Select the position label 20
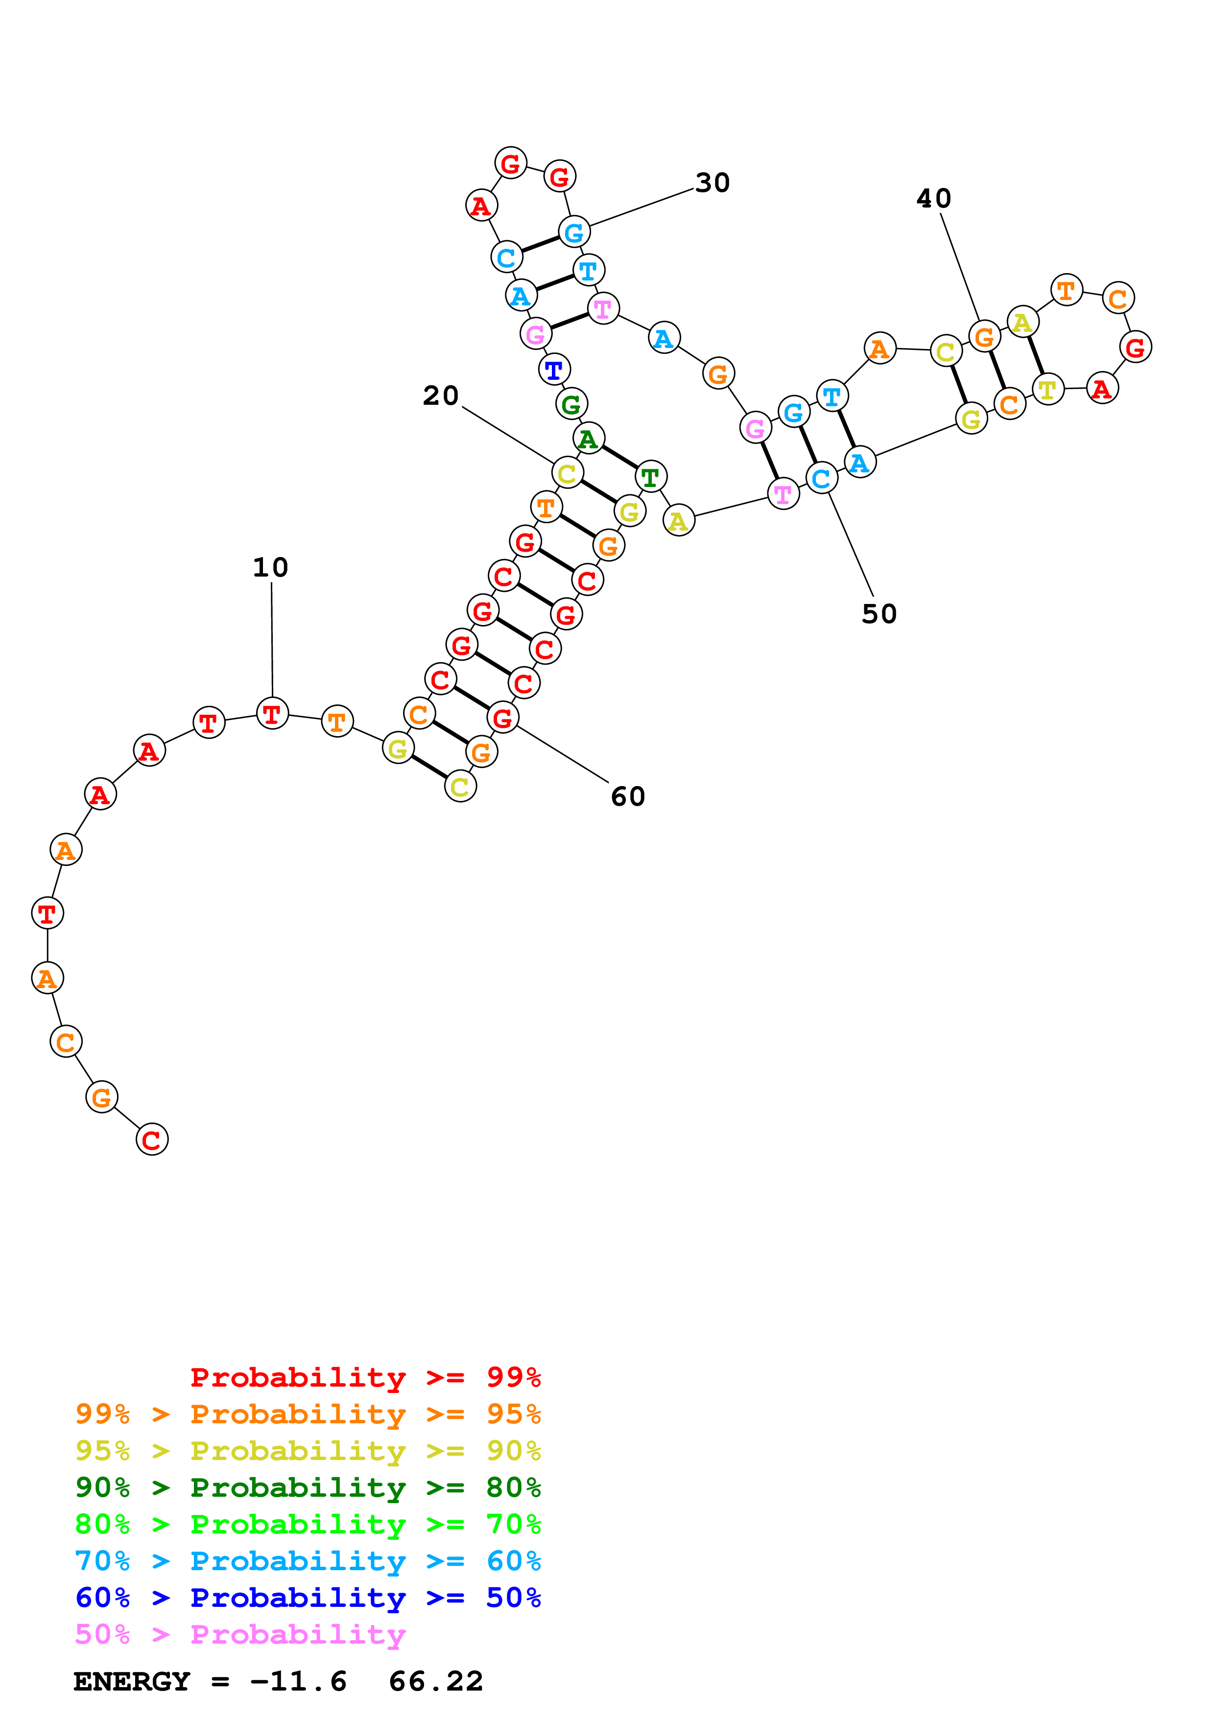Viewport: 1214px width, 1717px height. (x=441, y=395)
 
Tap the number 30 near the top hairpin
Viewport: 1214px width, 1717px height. (x=712, y=183)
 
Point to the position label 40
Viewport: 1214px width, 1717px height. (x=933, y=198)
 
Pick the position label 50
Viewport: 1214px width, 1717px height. (x=879, y=614)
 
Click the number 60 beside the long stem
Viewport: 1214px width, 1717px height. (x=628, y=796)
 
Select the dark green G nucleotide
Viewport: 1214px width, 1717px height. (x=571, y=405)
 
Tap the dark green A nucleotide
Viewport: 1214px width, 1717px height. (x=589, y=439)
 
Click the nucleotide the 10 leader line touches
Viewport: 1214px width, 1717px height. (x=272, y=714)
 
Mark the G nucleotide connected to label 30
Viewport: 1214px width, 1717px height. (x=574, y=232)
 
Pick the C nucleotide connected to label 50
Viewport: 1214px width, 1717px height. (x=821, y=479)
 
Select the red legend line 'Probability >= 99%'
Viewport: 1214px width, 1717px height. (x=365, y=1377)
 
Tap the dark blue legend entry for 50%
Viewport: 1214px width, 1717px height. (x=308, y=1598)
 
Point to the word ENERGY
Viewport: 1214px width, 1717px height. (x=132, y=1682)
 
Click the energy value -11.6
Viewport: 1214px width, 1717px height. (x=298, y=1682)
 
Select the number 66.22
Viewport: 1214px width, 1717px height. (x=436, y=1682)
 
